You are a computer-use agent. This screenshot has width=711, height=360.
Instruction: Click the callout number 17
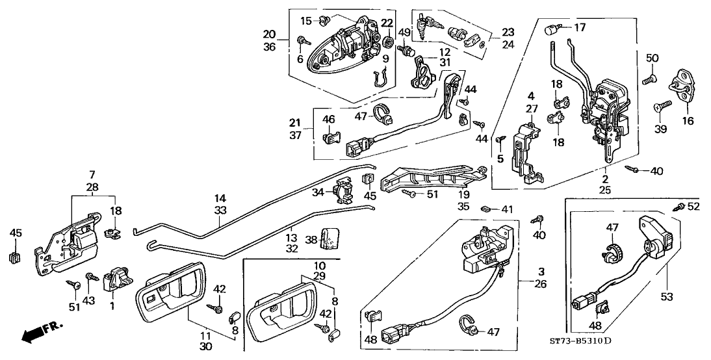tap(580, 27)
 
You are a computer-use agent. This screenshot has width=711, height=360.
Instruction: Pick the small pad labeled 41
tap(484, 209)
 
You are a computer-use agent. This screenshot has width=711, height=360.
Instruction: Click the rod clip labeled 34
tap(343, 191)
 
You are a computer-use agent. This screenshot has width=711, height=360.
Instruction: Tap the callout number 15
tap(306, 19)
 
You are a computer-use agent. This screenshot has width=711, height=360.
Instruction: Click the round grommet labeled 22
tap(388, 42)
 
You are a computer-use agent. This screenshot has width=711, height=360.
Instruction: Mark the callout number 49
tap(404, 32)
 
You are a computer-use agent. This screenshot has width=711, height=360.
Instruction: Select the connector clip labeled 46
tap(330, 137)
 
